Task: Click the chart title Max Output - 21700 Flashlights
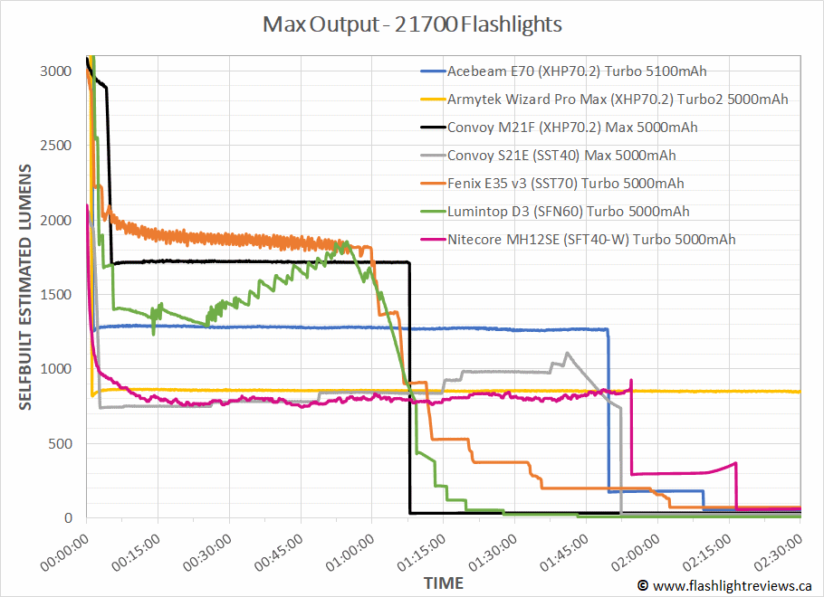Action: (412, 24)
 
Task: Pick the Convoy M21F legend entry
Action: (571, 127)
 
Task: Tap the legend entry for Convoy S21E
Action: (561, 155)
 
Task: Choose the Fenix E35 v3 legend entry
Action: (565, 183)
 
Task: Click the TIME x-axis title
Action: (443, 583)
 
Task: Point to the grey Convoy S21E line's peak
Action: (567, 353)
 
